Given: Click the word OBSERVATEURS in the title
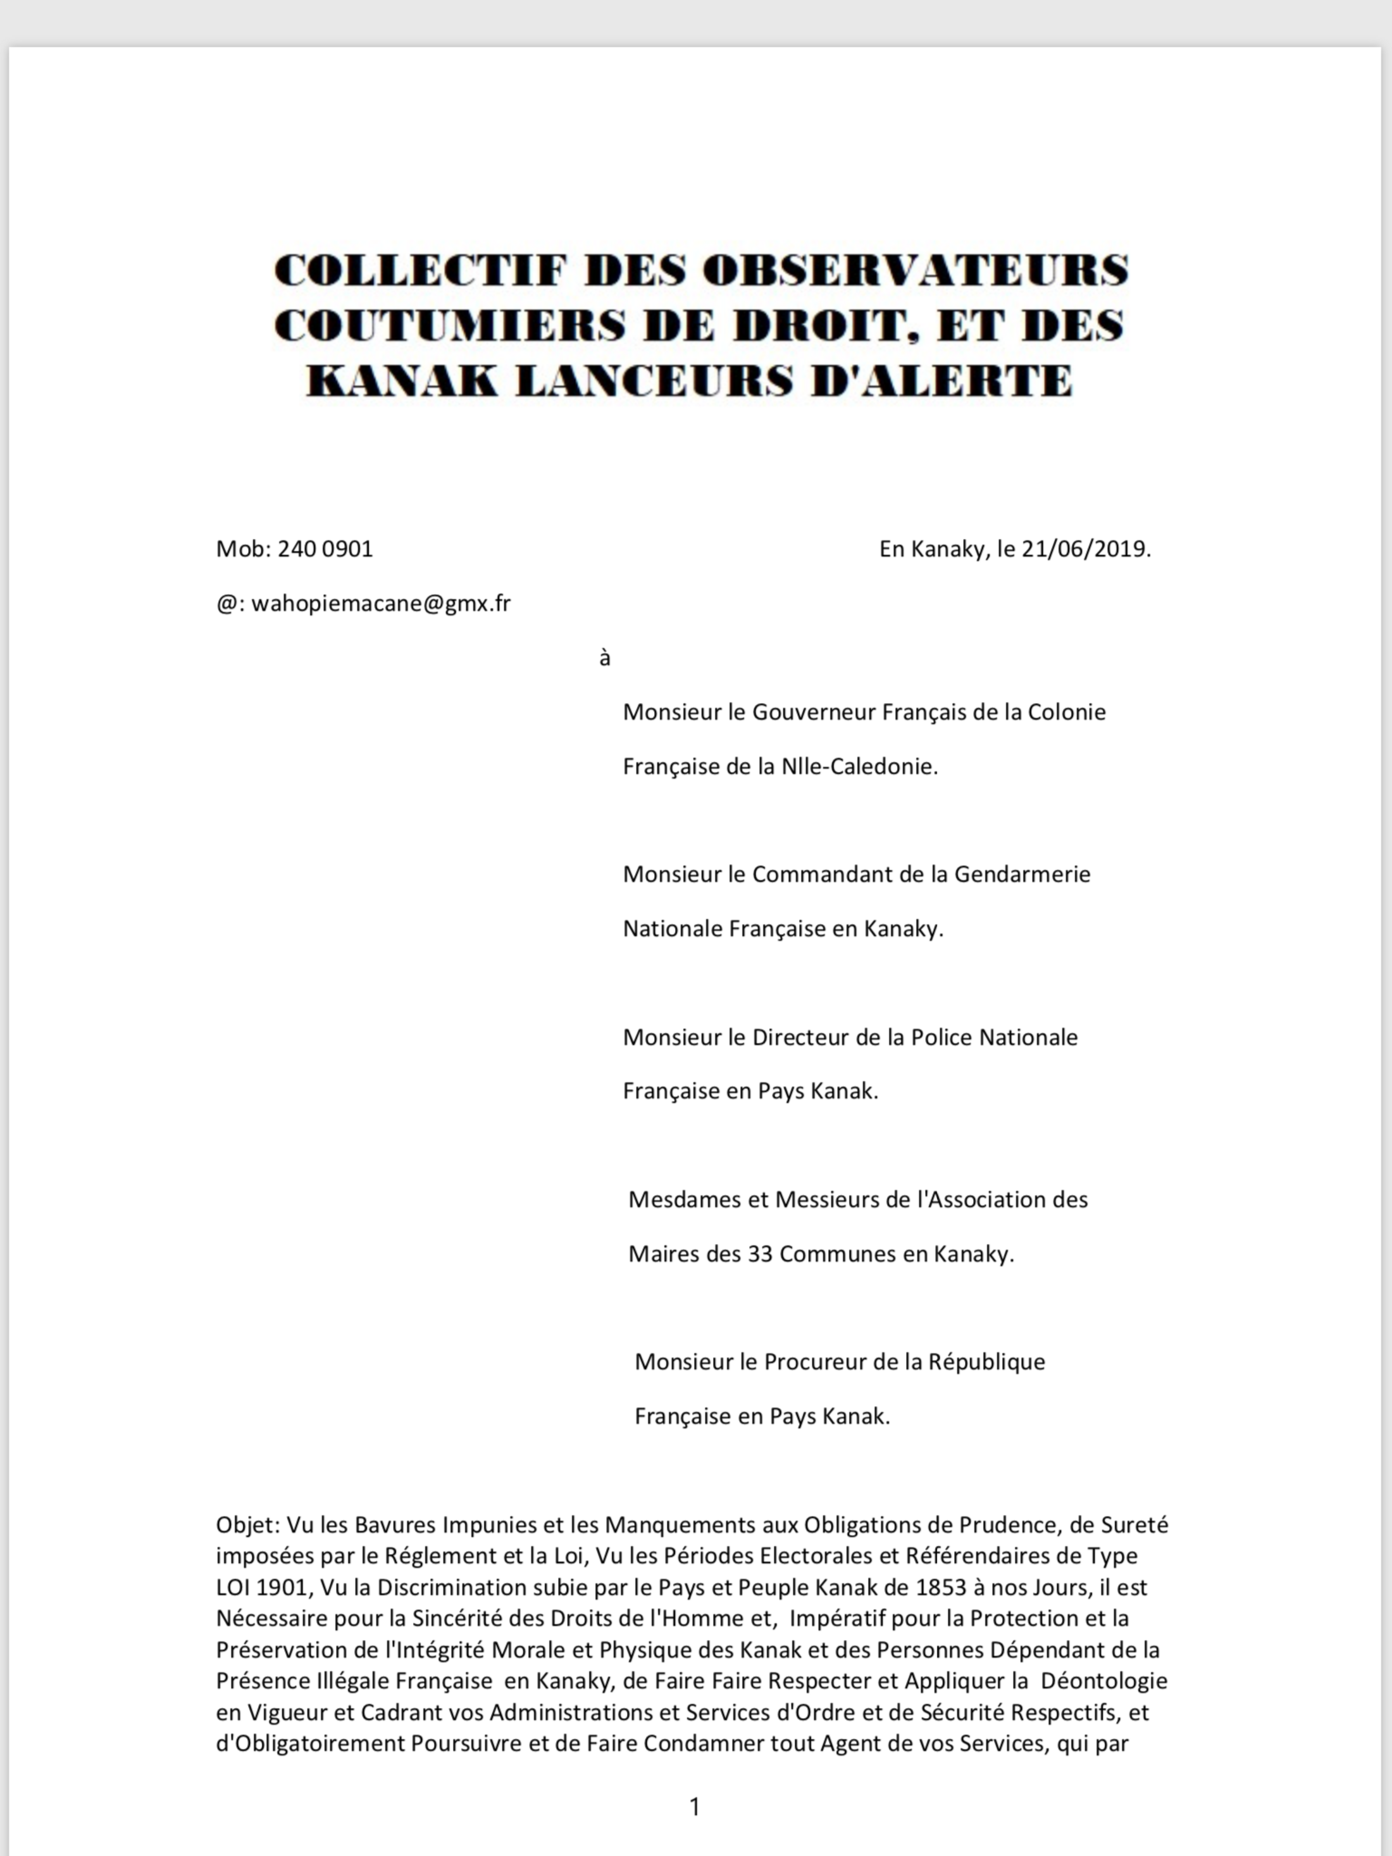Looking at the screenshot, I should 914,270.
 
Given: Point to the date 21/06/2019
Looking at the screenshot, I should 1086,549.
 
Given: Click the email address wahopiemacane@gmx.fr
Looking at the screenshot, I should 381,603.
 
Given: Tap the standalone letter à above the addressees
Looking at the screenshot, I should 605,659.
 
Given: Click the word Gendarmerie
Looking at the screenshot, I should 1022,875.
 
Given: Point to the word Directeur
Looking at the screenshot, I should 800,1038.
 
